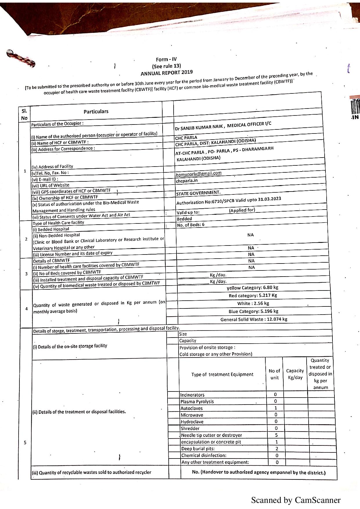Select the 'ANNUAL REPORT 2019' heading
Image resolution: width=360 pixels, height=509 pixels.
click(166, 73)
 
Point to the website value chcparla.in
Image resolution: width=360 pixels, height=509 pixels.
click(187, 181)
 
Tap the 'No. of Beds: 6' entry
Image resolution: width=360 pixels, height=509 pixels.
click(191, 225)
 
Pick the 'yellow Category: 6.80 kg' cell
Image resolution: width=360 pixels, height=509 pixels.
click(252, 288)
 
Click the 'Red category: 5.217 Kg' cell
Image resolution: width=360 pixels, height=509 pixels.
click(253, 295)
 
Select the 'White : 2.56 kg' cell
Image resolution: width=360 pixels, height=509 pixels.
click(253, 303)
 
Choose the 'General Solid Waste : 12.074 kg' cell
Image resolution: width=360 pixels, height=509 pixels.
click(254, 319)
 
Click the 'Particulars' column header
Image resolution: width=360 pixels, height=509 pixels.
click(96, 111)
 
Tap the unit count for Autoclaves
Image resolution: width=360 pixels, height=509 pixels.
click(276, 408)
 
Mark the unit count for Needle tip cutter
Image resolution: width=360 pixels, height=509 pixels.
click(276, 435)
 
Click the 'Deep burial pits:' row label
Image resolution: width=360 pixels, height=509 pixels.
click(198, 449)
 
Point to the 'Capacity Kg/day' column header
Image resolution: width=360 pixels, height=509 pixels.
click(295, 374)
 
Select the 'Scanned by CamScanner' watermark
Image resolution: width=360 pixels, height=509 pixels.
click(296, 500)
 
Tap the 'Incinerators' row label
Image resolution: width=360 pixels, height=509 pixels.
click(192, 395)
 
